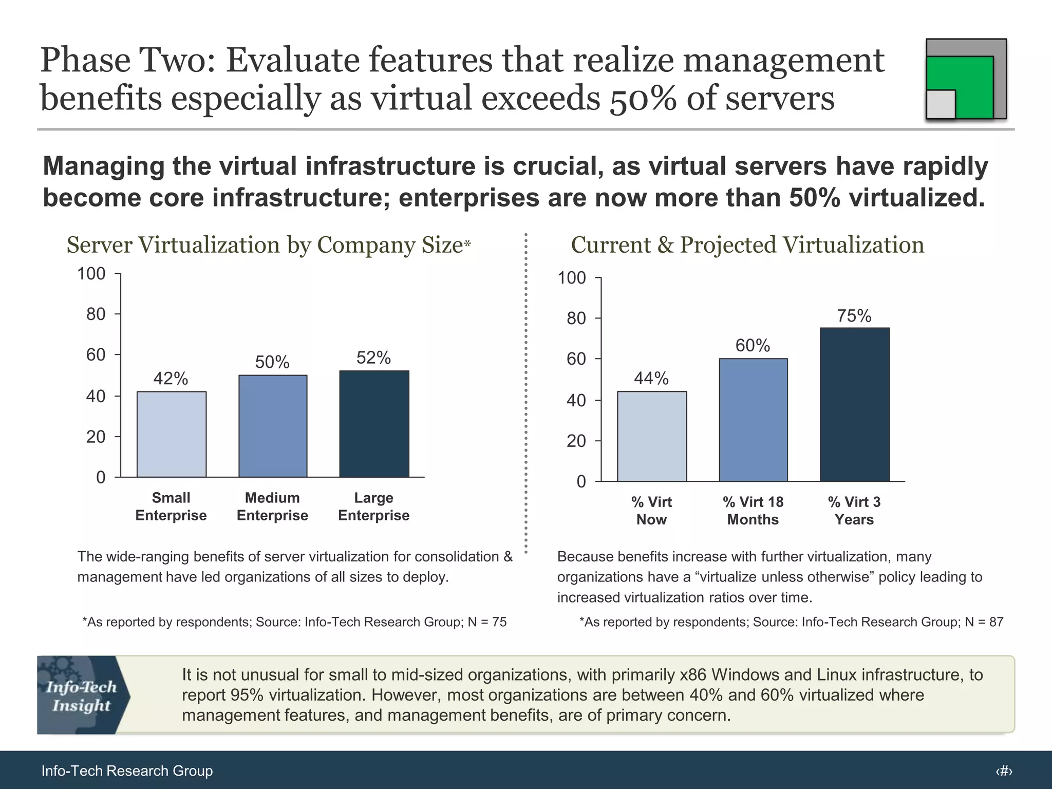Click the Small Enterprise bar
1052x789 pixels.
tap(171, 435)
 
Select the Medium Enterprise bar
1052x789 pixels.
tap(273, 426)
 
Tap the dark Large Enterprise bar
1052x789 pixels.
tap(374, 424)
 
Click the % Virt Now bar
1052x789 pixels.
tap(652, 437)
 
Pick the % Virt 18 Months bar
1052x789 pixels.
tap(753, 420)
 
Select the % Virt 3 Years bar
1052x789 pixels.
tap(854, 404)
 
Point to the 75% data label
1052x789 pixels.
tap(854, 315)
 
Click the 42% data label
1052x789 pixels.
tap(171, 379)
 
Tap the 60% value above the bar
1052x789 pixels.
tap(753, 345)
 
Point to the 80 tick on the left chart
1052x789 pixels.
tap(96, 314)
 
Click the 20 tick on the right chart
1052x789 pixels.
tap(576, 441)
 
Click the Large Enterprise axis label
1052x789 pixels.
tap(373, 506)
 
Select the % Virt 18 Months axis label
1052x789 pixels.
tap(753, 511)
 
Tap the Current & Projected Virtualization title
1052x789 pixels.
tap(747, 245)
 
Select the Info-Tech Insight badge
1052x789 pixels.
tap(82, 695)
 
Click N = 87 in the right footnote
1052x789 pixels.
tap(984, 622)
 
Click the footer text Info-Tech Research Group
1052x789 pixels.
tap(127, 771)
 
